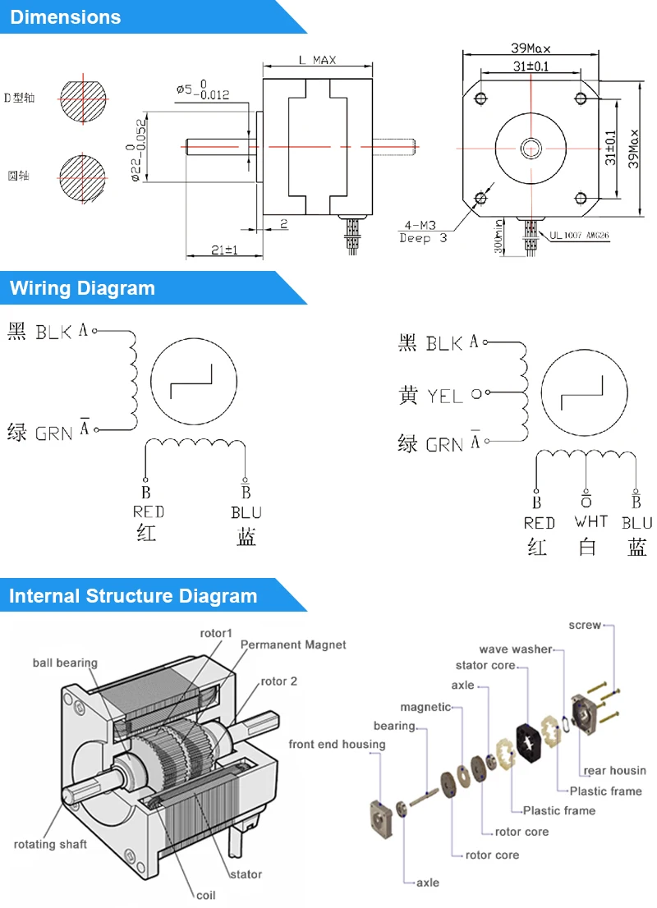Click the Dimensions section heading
[x=66, y=17]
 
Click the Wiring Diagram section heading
[x=82, y=288]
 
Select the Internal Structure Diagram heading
[x=133, y=596]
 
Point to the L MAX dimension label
[x=317, y=61]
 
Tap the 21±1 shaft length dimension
[x=223, y=250]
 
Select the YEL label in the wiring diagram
[x=445, y=397]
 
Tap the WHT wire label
[x=591, y=522]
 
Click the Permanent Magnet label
[x=293, y=645]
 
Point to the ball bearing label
[x=65, y=663]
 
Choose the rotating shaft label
[x=50, y=844]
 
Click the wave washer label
[x=516, y=649]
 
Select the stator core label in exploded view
[x=485, y=665]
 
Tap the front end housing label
[x=337, y=745]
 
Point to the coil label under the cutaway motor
[x=205, y=894]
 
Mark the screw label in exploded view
[x=585, y=626]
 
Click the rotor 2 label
[x=279, y=681]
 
